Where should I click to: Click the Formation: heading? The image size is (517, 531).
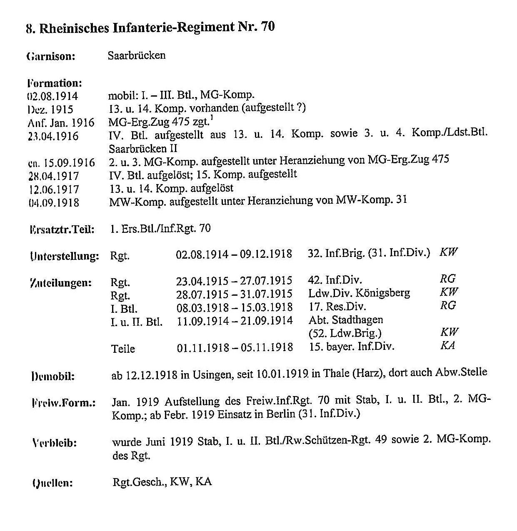coord(55,83)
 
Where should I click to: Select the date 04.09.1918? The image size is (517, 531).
coord(52,202)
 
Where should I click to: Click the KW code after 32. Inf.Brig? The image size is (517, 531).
coord(449,252)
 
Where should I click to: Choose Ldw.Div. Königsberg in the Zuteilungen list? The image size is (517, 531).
coord(359,293)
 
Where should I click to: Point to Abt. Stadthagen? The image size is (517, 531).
coord(346,320)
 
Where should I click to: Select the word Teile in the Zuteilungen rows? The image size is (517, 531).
coord(123,348)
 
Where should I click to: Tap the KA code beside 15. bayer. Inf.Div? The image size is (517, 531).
coord(447,346)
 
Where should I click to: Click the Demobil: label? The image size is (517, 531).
coord(53,376)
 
